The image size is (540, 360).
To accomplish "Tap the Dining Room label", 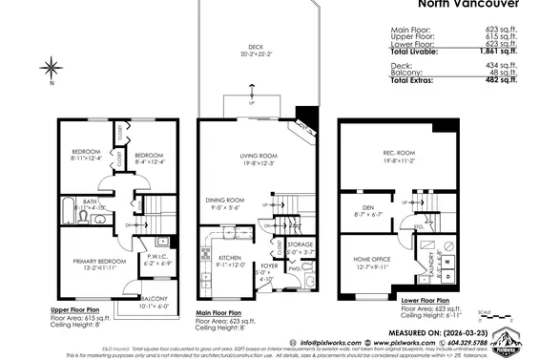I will [x=225, y=200].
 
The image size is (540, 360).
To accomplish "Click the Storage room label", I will [x=299, y=244].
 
